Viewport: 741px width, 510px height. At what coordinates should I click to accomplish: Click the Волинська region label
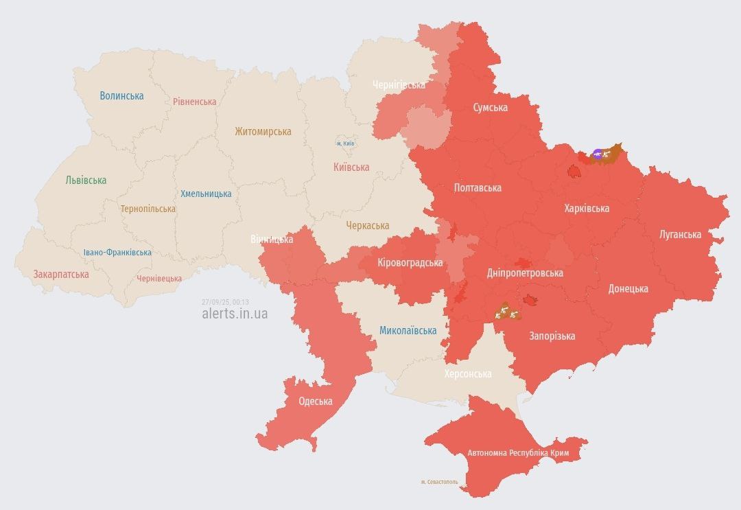point(121,95)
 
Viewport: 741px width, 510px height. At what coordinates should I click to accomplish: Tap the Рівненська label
point(194,102)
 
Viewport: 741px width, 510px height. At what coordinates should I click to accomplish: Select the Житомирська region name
point(263,131)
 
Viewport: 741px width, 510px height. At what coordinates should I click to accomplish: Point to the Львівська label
point(86,180)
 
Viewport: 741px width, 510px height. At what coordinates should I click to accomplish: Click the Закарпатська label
point(61,274)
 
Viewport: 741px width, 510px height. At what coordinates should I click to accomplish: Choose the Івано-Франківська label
point(117,252)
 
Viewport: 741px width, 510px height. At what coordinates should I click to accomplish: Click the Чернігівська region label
point(399,84)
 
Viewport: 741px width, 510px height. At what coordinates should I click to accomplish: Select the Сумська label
point(491,107)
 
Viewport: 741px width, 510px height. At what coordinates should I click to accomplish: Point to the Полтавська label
point(478,187)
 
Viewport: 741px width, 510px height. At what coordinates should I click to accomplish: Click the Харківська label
point(587,208)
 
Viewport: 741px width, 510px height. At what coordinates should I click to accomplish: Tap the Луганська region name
point(680,234)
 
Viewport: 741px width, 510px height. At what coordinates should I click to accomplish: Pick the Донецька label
point(628,288)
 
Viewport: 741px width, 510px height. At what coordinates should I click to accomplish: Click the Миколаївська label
point(408,330)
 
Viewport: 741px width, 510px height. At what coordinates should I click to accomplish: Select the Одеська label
point(316,401)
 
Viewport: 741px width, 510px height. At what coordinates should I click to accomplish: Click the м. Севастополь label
point(439,482)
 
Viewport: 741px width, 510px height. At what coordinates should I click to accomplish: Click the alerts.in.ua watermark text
point(235,313)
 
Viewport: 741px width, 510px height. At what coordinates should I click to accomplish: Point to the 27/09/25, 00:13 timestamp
point(225,302)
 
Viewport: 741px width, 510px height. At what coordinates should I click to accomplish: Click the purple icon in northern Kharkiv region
point(598,154)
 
